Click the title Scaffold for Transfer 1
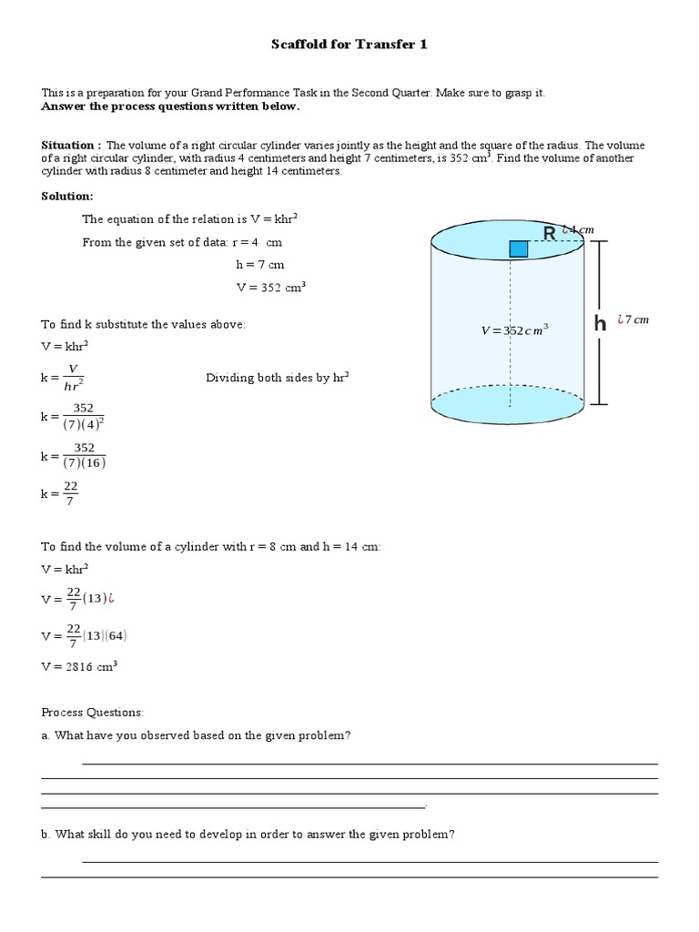(x=350, y=44)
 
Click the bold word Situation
(x=69, y=145)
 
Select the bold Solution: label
(x=66, y=197)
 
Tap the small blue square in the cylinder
(x=518, y=248)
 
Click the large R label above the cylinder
(x=549, y=234)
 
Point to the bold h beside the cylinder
(x=600, y=323)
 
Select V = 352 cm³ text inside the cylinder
(x=514, y=330)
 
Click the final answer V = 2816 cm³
(x=79, y=666)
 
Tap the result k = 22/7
(x=58, y=494)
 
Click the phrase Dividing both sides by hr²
(x=278, y=378)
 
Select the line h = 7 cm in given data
(x=259, y=265)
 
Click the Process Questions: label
(x=92, y=712)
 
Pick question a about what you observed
(x=196, y=735)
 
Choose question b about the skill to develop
(x=248, y=834)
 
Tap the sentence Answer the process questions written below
(x=170, y=106)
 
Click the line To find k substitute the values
(x=143, y=325)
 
